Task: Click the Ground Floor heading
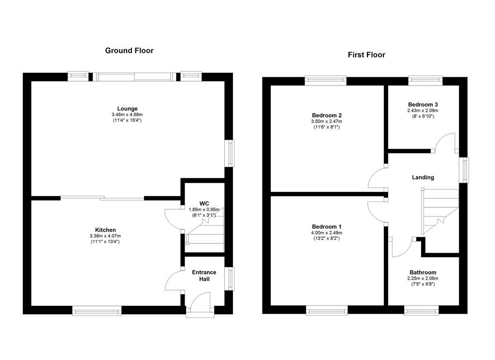[x=129, y=50]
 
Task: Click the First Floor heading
[x=366, y=55]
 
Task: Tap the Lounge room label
[x=127, y=109]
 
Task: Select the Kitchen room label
[x=105, y=230]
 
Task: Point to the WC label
[x=204, y=203]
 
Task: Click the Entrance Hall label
[x=204, y=275]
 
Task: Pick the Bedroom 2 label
[x=327, y=115]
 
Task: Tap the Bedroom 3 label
[x=423, y=104]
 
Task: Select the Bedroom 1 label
[x=327, y=227]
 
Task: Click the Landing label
[x=423, y=177]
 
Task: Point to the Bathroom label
[x=423, y=273]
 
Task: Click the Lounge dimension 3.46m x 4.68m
[x=127, y=115]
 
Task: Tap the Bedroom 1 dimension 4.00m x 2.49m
[x=327, y=232]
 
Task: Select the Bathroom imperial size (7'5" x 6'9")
[x=423, y=284]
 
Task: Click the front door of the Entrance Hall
[x=200, y=304]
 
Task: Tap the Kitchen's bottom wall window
[x=97, y=311]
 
